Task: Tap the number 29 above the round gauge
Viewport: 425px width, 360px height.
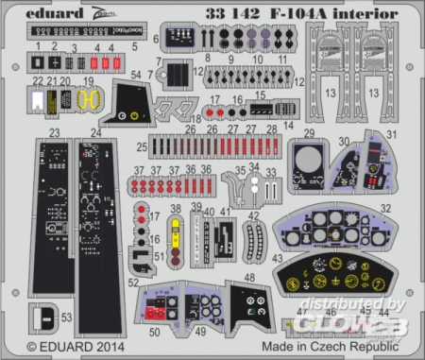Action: tap(309, 134)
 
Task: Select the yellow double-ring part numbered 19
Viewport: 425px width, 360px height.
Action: tap(90, 98)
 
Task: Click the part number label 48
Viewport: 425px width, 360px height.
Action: tap(250, 277)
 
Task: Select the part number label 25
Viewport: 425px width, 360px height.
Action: tap(141, 147)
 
